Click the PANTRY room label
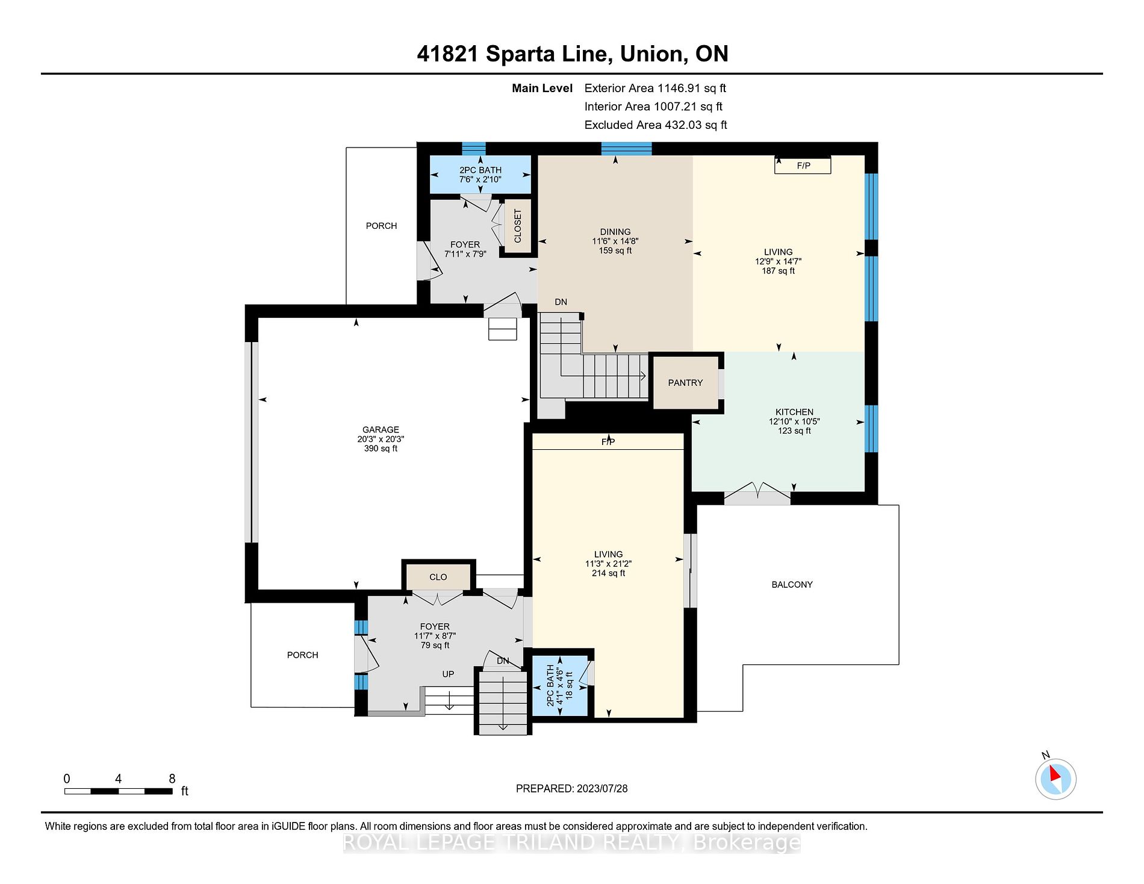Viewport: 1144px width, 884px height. point(685,383)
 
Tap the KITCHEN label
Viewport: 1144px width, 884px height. point(794,412)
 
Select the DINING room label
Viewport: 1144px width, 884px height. point(615,232)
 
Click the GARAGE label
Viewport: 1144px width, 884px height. point(381,429)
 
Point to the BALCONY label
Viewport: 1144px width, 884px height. point(792,585)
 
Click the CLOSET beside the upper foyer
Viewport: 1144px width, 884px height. point(518,226)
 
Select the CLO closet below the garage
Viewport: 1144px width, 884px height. point(438,577)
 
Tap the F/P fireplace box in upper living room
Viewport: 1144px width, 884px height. point(803,165)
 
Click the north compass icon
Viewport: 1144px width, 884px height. point(1055,779)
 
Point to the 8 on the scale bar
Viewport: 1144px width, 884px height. point(172,779)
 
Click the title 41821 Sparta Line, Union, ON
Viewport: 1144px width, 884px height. point(573,54)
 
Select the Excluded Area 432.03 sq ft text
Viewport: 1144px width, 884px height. point(656,125)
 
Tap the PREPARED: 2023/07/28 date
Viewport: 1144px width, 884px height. point(571,789)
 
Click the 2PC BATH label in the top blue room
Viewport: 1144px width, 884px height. point(480,170)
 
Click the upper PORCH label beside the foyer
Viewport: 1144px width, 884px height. point(381,226)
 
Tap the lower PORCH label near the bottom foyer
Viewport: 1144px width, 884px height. point(302,655)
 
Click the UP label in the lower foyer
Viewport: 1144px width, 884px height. point(448,674)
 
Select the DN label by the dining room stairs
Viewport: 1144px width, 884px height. point(561,302)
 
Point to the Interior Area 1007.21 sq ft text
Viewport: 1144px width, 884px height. point(653,107)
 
